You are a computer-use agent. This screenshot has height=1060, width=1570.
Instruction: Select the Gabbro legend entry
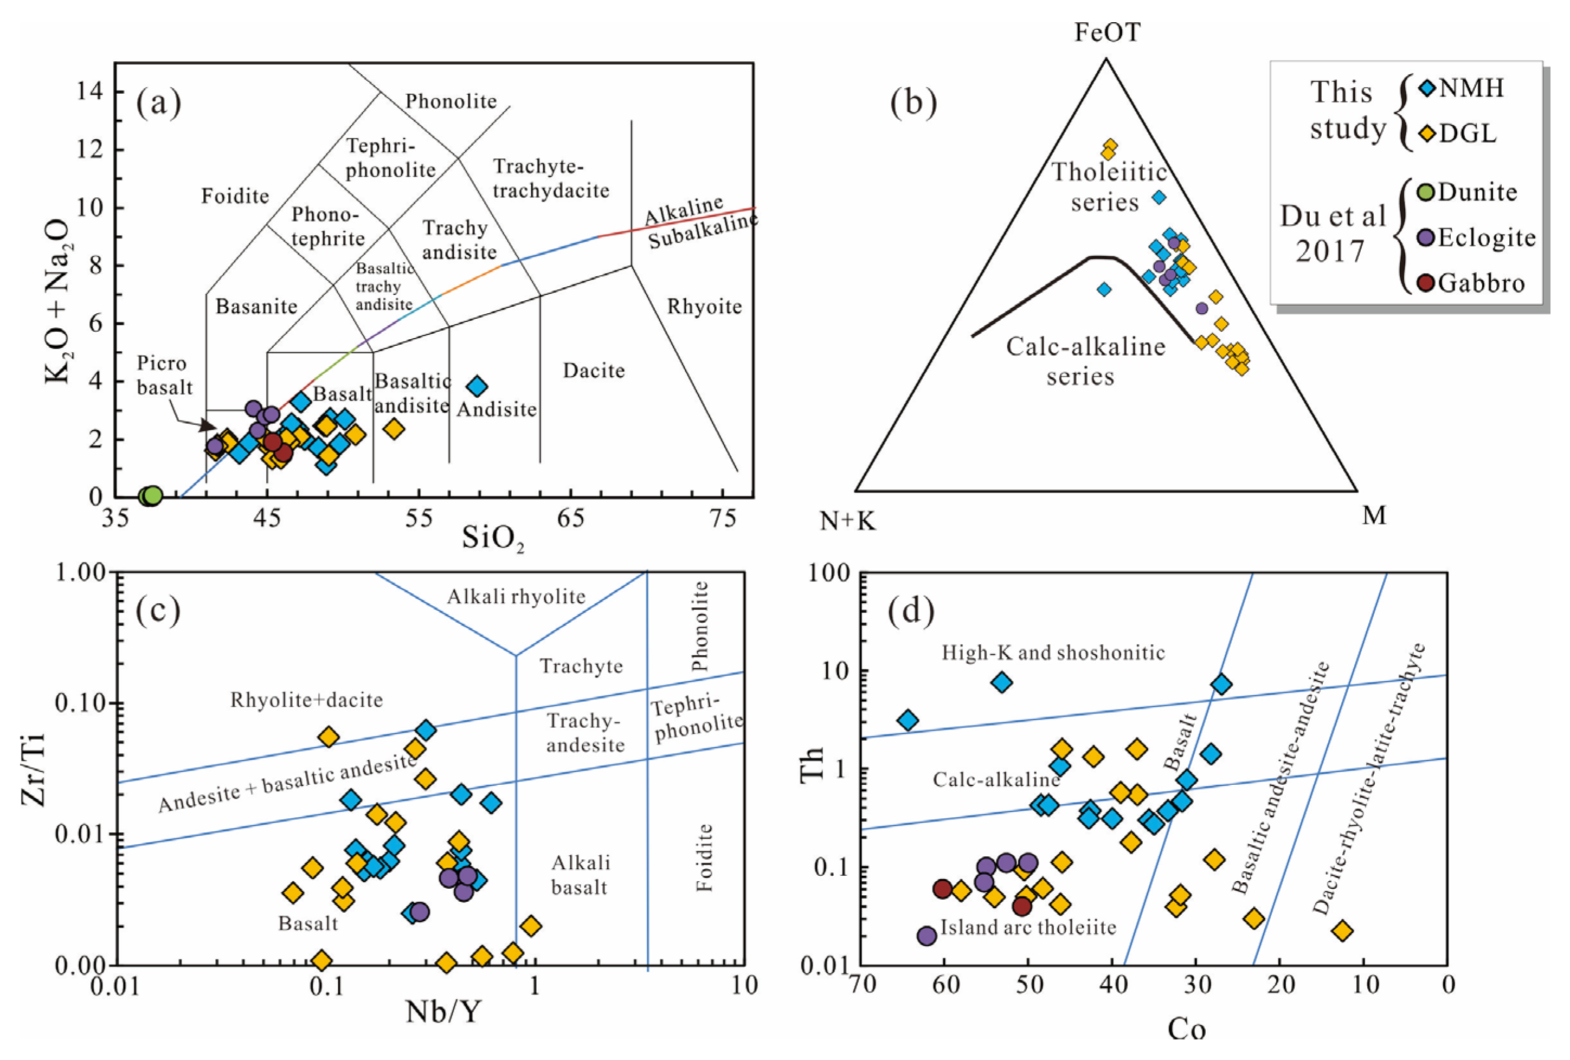(x=1480, y=283)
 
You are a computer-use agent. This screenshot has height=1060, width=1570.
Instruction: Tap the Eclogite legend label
(x=1486, y=238)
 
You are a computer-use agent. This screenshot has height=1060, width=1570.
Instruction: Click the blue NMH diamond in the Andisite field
(x=477, y=386)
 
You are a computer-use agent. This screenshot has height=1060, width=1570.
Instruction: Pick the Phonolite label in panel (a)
(x=451, y=101)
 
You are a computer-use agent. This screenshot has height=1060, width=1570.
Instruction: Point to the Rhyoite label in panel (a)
(x=704, y=307)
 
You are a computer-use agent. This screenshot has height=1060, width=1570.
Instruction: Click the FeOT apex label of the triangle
(x=1107, y=32)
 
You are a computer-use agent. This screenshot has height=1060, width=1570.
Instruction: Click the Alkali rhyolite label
(x=516, y=596)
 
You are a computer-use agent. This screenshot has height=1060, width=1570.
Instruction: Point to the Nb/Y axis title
(x=442, y=1011)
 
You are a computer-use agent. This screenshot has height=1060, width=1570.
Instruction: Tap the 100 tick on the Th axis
(x=829, y=572)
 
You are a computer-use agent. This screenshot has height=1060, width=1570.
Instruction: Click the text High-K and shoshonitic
(x=1053, y=652)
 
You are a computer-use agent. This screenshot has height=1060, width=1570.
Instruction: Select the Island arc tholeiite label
(x=1028, y=928)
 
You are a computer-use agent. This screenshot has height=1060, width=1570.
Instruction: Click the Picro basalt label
(x=164, y=376)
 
